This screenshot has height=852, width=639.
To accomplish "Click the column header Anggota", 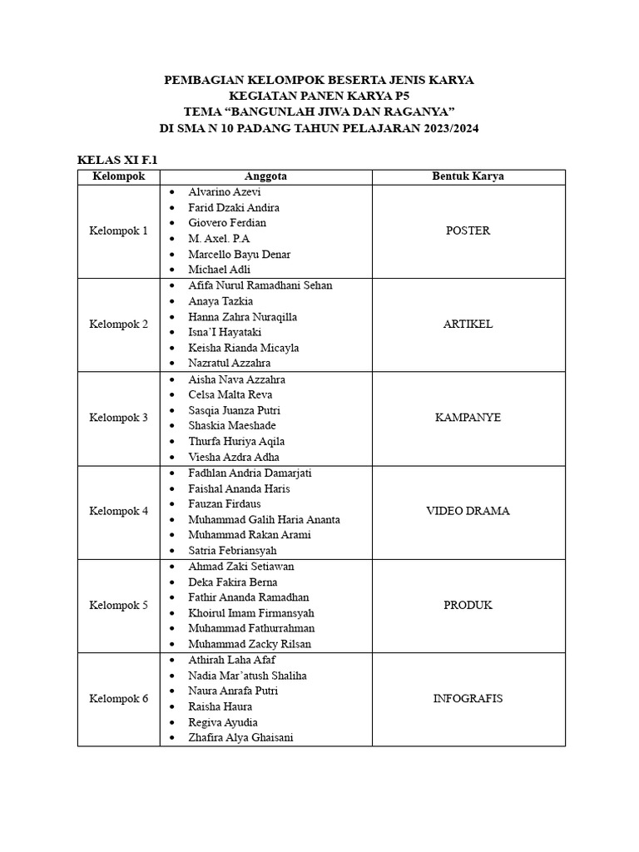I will [x=266, y=176].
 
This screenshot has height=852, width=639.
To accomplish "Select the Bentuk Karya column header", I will [x=468, y=176].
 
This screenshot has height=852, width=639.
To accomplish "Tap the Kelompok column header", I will [x=119, y=176].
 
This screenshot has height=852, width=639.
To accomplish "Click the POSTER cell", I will [x=468, y=230].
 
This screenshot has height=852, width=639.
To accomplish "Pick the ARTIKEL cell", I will [x=468, y=324].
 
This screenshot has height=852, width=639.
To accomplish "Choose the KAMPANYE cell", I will [x=468, y=418].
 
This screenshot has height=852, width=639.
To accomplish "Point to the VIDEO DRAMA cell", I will [x=468, y=511].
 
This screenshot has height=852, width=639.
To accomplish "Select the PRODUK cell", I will [x=468, y=605].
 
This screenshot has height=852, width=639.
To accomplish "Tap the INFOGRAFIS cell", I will [x=468, y=698].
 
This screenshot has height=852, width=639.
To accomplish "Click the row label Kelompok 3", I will [x=119, y=418].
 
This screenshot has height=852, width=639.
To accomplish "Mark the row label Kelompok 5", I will [x=119, y=605].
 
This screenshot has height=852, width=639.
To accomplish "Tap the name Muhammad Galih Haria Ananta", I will [x=264, y=519].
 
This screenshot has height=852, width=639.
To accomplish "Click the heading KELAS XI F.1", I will [x=117, y=160].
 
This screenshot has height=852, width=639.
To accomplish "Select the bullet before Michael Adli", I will [x=171, y=270].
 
